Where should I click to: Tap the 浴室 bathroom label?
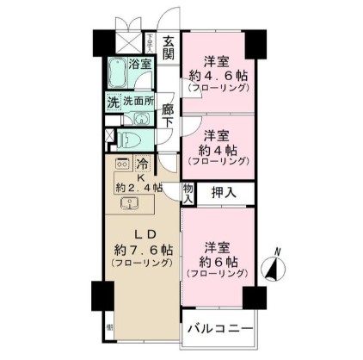point(139,63)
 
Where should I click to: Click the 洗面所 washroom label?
point(138,100)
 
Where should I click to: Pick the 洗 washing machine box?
point(112,100)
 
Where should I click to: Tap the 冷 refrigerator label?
point(144,163)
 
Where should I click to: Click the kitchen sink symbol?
point(130,204)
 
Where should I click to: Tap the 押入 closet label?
point(225,193)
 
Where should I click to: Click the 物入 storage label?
point(188,194)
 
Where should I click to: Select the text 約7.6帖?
point(143,249)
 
